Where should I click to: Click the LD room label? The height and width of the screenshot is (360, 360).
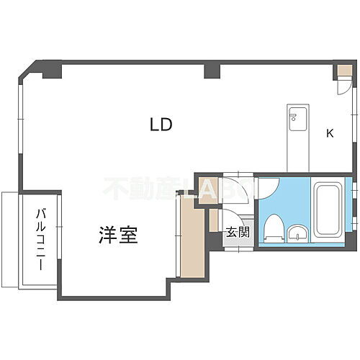pos(161,125)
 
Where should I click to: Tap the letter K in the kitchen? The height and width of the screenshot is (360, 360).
pos(330,133)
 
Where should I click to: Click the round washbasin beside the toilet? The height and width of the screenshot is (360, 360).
pos(297,233)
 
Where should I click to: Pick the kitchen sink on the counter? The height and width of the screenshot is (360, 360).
pos(296,119)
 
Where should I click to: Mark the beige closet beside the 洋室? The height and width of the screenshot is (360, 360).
pos(191,240)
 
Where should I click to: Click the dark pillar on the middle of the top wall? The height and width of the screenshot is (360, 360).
pos(211,71)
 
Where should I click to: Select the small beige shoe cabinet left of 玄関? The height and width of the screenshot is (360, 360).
pos(214,220)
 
